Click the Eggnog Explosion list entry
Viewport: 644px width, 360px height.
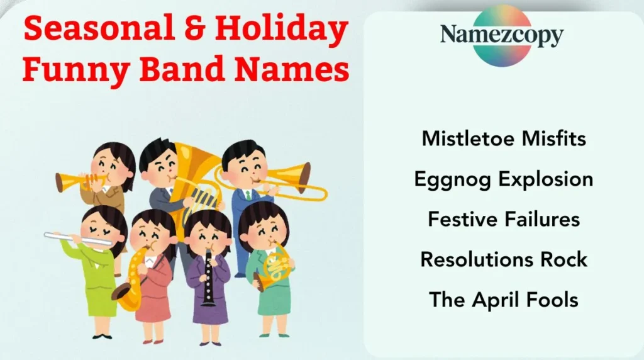tap(503, 179)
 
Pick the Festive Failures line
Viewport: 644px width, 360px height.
tap(503, 219)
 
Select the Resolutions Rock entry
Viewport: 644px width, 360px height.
tap(503, 259)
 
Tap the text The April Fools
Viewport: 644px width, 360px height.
tap(503, 299)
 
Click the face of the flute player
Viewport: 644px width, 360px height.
tap(100, 228)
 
